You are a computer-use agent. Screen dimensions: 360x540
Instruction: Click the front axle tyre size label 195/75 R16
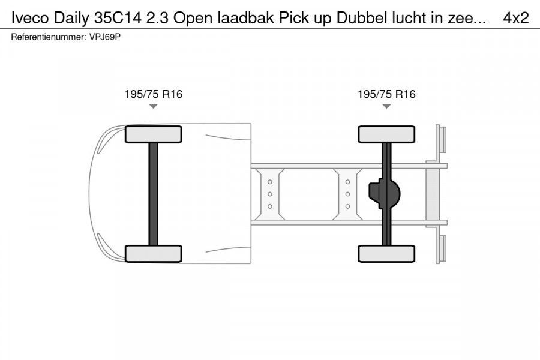pos(153,94)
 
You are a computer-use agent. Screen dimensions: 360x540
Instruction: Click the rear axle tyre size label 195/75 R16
pos(386,94)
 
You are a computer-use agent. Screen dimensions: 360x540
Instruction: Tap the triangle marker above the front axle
pos(153,106)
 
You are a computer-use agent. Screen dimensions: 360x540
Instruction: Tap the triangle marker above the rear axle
pos(386,106)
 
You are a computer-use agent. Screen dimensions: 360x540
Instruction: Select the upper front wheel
pos(153,134)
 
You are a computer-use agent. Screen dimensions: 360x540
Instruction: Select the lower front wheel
pos(153,253)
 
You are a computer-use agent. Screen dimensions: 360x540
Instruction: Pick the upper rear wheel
pos(386,134)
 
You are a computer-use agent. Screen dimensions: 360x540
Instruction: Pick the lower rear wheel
pos(386,253)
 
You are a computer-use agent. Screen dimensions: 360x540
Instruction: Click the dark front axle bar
pos(153,193)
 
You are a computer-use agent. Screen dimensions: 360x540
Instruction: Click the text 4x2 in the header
pos(515,18)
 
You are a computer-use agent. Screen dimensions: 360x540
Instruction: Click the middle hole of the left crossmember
pos(270,194)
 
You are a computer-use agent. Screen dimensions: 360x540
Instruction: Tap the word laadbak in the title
pos(230,18)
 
